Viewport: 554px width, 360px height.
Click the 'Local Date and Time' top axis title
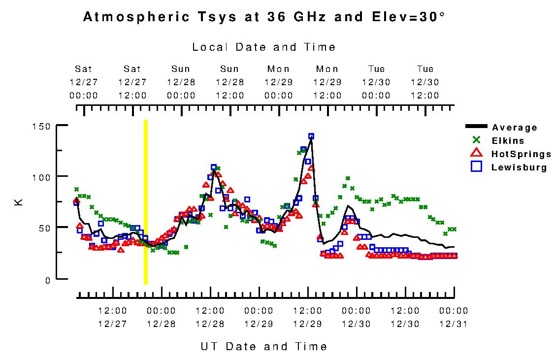coord(264,47)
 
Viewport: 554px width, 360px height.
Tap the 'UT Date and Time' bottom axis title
coord(264,346)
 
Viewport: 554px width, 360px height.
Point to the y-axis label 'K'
coord(20,202)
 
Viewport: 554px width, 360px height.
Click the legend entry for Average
coord(515,128)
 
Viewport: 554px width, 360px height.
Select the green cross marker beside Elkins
coord(477,140)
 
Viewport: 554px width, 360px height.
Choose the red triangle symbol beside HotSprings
coord(476,154)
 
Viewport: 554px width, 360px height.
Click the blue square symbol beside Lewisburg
coord(476,167)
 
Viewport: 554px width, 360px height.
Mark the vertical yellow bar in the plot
coord(145,202)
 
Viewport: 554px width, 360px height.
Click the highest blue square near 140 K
coord(311,136)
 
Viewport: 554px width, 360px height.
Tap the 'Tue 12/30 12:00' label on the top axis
coord(425,82)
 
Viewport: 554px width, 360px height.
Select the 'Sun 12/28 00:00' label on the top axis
coord(181,82)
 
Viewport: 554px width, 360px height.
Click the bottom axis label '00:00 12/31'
coord(454,317)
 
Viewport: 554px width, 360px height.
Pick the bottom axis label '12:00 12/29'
coord(308,317)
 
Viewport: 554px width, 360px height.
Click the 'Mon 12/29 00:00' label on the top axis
coord(279,82)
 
